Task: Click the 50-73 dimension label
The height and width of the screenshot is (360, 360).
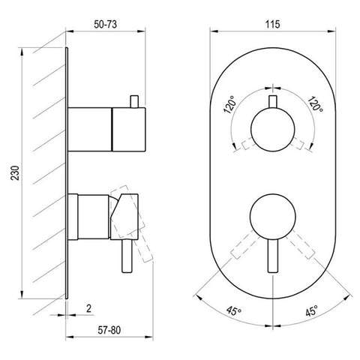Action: click(105, 25)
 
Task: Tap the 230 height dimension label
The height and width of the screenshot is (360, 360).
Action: click(15, 172)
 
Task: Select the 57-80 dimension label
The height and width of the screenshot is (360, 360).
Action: click(109, 330)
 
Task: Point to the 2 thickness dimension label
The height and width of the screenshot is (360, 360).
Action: click(88, 308)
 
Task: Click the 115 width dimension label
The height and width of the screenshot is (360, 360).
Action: click(272, 25)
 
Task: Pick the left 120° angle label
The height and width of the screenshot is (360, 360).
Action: click(229, 104)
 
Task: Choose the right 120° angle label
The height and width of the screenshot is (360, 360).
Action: click(315, 104)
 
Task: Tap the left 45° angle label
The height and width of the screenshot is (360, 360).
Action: click(234, 311)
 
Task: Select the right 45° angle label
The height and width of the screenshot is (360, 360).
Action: click(311, 310)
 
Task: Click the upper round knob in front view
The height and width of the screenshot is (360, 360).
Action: click(272, 130)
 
